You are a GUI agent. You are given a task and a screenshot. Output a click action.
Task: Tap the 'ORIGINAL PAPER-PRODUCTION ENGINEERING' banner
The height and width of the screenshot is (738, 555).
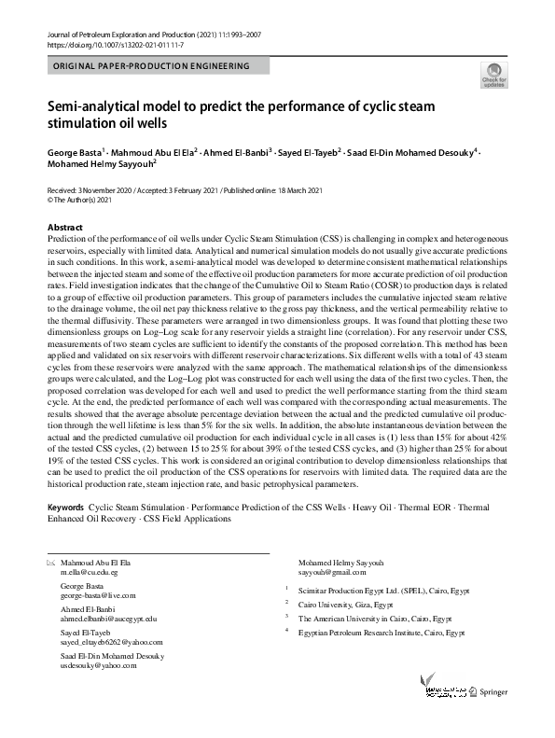tap(151, 67)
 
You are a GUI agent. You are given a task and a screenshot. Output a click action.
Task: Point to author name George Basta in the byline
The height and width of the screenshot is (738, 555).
tap(74, 149)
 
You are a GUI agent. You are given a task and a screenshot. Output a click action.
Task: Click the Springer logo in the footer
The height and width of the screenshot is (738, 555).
tap(492, 691)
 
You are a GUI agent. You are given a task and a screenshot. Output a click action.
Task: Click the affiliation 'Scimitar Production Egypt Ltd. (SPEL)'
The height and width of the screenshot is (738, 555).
tap(370, 589)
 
